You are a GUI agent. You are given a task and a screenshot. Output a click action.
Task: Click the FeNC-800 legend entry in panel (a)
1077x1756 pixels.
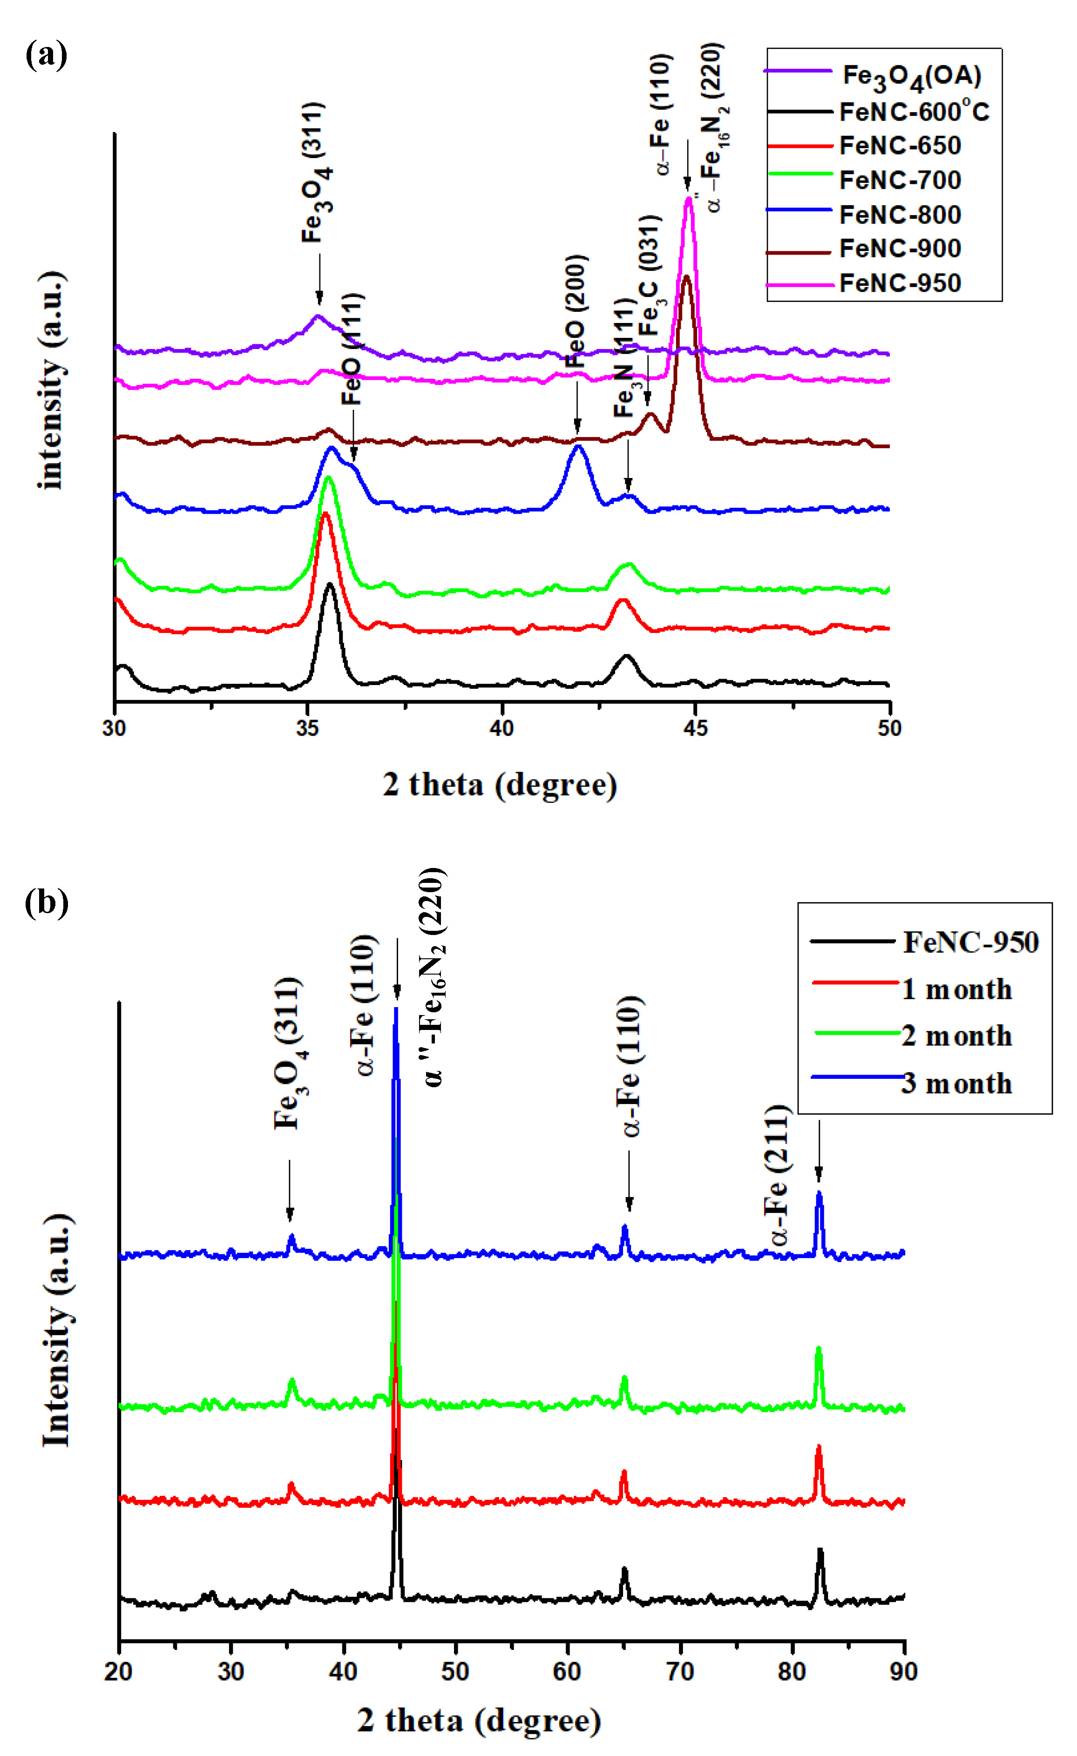point(900,215)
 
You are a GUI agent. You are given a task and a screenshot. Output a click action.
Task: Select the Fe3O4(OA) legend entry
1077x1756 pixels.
point(911,75)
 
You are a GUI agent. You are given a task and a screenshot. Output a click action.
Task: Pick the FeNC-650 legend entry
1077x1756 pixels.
point(900,146)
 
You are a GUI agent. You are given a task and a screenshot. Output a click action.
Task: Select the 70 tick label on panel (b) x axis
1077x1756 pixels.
point(680,1671)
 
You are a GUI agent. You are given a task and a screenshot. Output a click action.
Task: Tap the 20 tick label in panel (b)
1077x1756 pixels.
point(118,1671)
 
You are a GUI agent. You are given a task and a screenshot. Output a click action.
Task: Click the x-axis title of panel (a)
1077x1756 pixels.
point(500,785)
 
